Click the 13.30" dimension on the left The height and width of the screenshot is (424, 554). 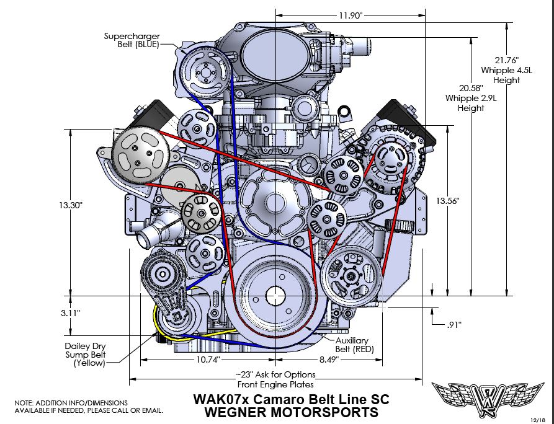(72, 205)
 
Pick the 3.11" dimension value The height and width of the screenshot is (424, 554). (72, 313)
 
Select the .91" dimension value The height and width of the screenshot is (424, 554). (454, 324)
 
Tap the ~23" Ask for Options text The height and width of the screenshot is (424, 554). (275, 374)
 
